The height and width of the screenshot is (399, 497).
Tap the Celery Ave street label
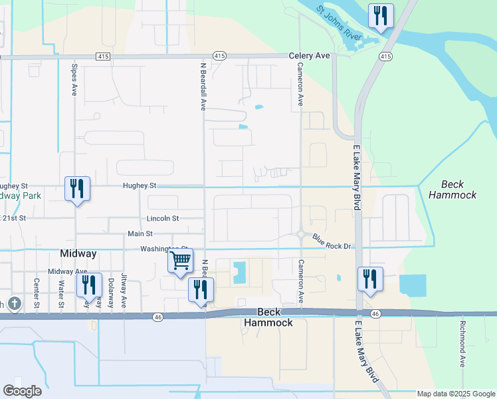(309, 56)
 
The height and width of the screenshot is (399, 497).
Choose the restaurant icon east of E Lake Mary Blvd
(370, 279)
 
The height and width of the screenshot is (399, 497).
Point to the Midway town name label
(78, 253)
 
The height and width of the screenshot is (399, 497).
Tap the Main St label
(140, 233)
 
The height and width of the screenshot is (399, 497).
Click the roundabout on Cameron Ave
(301, 234)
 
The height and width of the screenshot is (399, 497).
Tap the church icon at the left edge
(15, 304)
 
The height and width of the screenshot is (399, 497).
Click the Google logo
(22, 391)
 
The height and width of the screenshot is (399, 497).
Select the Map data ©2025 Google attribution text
(456, 394)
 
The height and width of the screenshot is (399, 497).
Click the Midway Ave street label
(68, 271)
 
